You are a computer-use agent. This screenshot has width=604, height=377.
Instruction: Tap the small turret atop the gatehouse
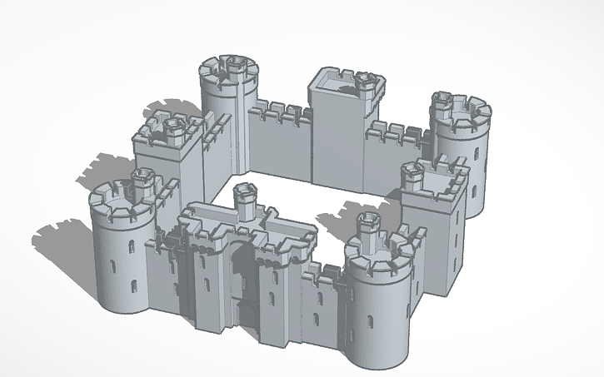(244, 197)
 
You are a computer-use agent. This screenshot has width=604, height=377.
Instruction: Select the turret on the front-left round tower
(142, 180)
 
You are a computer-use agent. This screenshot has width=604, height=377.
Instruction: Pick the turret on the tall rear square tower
(363, 82)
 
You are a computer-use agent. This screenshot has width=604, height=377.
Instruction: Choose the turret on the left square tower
(173, 126)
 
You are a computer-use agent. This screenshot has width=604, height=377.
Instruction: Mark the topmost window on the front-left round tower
(132, 247)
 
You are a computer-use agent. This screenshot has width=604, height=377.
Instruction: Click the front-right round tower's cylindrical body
(379, 320)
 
